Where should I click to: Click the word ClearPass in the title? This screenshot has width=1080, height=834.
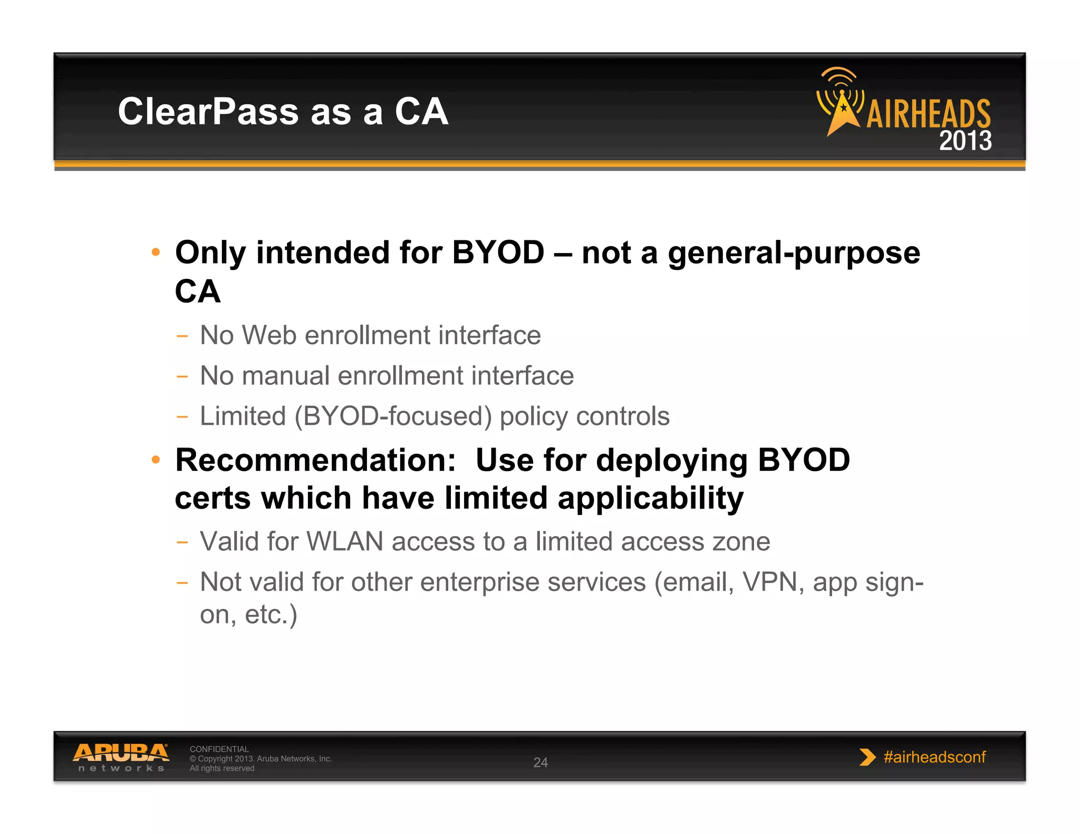point(208,112)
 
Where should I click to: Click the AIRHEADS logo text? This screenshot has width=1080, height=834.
point(928,114)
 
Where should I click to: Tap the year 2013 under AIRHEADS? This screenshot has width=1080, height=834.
point(965,141)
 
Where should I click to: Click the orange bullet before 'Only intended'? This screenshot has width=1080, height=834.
point(156,252)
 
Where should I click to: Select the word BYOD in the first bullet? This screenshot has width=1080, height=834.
point(498,253)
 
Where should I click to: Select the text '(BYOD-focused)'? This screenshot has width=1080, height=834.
point(393,416)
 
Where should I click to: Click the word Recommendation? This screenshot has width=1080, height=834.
point(315,460)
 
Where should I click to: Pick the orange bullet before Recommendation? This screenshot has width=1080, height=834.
point(156,460)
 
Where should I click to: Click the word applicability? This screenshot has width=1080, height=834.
point(650,499)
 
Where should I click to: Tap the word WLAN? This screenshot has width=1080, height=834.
point(344,542)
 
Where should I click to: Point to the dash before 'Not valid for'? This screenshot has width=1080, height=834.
point(182,583)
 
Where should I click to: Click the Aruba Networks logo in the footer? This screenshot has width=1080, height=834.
point(121,757)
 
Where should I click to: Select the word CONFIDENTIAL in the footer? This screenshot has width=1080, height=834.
point(219,749)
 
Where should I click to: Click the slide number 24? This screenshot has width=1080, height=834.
point(541,762)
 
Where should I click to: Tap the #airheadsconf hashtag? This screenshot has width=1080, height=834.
point(934,757)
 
